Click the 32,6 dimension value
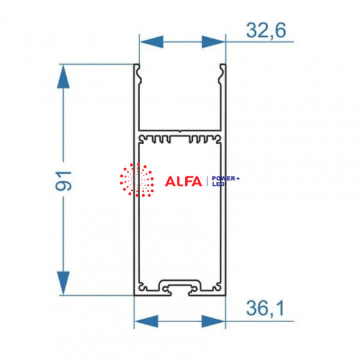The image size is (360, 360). click(266, 31)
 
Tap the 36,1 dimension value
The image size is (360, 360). click(265, 309)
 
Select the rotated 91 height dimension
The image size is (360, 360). click(64, 181)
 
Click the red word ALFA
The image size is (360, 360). click(183, 181)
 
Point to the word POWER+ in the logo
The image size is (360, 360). click(226, 179)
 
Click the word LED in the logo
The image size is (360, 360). click(219, 184)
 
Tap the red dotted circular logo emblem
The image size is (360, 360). click(137, 180)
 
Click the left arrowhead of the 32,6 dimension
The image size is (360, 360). click(152, 42)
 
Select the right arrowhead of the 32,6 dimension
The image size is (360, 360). click(213, 42)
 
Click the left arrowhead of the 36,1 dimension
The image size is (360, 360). click(147, 321)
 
